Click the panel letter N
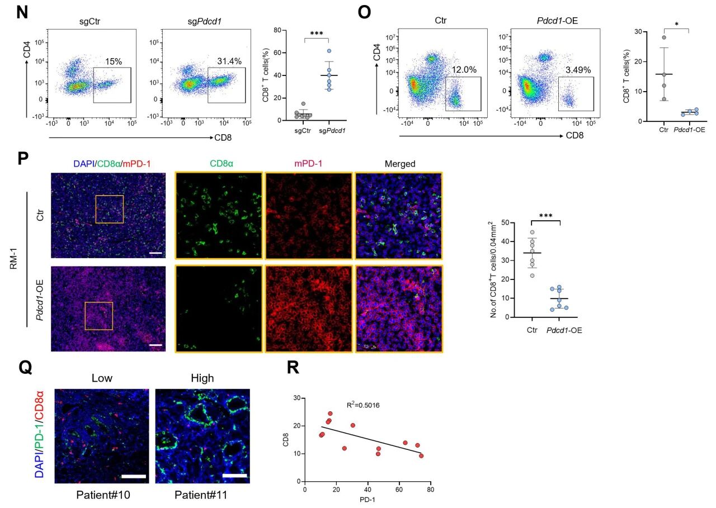point(22,13)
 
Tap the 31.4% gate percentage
point(229,61)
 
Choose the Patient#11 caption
point(202,495)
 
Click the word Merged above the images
point(400,164)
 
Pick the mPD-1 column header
point(309,164)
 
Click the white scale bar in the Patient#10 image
point(133,476)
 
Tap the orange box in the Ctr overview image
point(109,208)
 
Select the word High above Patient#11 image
point(202,378)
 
